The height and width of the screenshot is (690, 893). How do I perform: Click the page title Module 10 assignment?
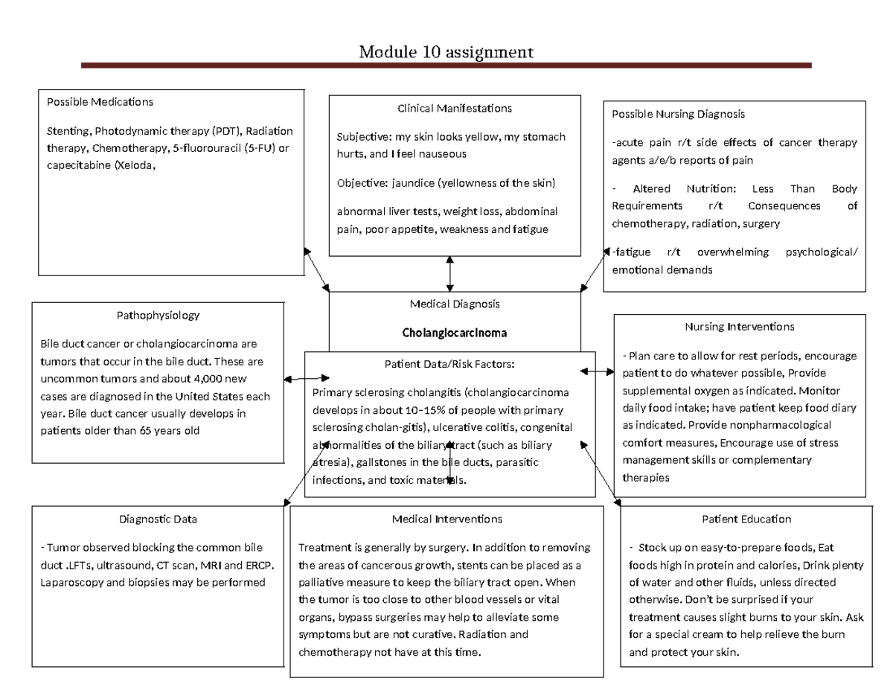446,52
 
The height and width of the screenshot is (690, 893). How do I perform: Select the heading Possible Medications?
100,101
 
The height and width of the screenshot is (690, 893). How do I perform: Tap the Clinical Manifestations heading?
455,109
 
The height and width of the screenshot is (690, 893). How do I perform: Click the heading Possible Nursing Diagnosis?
678,114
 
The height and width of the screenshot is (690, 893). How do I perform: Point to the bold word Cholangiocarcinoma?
454,333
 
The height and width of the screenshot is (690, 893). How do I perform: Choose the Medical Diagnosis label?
455,304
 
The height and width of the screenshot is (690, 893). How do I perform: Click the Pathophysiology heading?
158,315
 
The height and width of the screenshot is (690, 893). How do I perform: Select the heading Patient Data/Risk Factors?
449,363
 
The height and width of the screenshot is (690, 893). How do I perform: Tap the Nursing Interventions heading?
739,327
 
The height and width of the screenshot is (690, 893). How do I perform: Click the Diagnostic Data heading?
158,519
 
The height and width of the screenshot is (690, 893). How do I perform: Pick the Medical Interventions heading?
446,519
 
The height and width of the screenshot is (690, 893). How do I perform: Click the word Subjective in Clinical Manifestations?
359,137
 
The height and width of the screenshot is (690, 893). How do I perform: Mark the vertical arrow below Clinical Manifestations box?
449,273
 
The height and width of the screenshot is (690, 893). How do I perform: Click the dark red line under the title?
446,66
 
